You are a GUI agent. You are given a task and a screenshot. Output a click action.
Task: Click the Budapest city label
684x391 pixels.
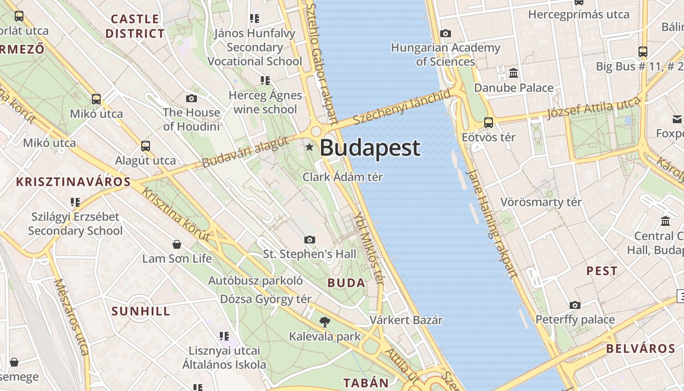tap(370, 148)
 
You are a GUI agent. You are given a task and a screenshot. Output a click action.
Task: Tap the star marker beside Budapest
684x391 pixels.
tap(309, 147)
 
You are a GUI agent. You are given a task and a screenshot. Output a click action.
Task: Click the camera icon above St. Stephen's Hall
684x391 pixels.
tap(309, 239)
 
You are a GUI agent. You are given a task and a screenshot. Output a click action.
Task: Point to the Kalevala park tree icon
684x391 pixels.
tap(324, 322)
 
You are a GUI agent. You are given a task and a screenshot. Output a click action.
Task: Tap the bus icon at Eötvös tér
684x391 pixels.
tap(488, 122)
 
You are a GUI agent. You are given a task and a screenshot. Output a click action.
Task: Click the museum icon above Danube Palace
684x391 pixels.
tap(513, 73)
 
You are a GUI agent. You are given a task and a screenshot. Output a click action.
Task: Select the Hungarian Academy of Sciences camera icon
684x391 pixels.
tap(445, 33)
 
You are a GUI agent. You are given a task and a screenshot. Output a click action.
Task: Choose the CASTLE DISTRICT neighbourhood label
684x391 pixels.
tap(135, 26)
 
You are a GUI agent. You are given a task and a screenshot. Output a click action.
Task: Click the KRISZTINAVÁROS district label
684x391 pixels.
tap(73, 182)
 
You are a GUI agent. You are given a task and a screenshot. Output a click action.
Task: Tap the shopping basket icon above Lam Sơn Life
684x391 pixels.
tap(177, 244)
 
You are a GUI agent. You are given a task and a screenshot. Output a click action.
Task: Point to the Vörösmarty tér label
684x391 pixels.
tap(541, 202)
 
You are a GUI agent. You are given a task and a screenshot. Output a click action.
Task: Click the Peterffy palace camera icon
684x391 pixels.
tap(575, 305)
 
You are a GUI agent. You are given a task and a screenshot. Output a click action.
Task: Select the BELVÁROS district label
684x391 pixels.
tap(641, 349)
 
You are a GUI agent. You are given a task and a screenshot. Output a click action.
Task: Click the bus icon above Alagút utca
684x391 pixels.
tap(145, 146)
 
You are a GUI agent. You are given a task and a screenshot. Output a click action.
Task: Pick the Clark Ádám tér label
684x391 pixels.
tap(342, 177)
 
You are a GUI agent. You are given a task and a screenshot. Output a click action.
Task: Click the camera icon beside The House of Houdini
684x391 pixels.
tap(192, 98)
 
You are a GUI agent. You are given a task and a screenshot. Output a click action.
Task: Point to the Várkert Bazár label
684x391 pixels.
tap(406, 320)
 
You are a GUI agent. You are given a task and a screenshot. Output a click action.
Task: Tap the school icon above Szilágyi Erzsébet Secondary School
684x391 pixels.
tap(75, 202)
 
